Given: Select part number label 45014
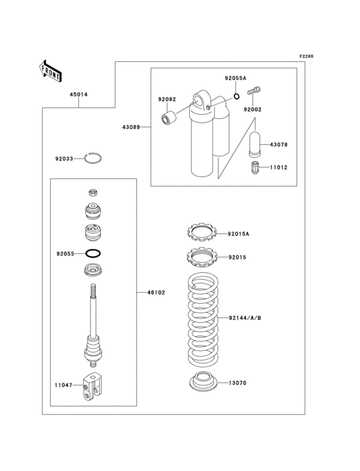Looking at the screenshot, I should (x=78, y=95).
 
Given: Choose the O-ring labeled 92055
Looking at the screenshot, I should (x=94, y=254).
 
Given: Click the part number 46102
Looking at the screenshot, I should (x=156, y=293).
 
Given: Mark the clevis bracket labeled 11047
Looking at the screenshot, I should (x=93, y=389).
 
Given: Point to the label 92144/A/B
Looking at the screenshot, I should (x=244, y=318).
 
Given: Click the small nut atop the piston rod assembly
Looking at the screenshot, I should (x=93, y=192).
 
